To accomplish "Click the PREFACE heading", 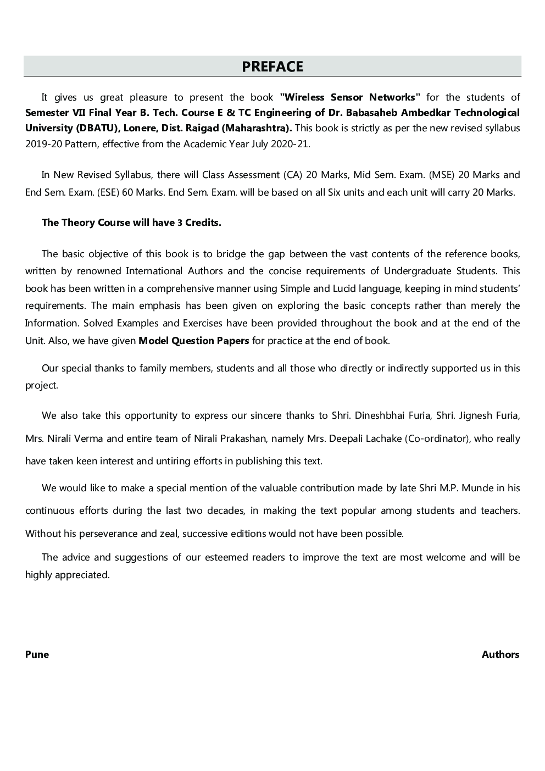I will pyautogui.click(x=272, y=66).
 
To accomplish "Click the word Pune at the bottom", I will pyautogui.click(x=37, y=654).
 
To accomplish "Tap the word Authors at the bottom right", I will pyautogui.click(x=500, y=654).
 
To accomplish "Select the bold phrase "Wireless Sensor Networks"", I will pyautogui.click(x=350, y=97).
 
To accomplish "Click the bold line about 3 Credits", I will pyautogui.click(x=131, y=223).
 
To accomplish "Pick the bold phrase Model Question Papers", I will pyautogui.click(x=193, y=341).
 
